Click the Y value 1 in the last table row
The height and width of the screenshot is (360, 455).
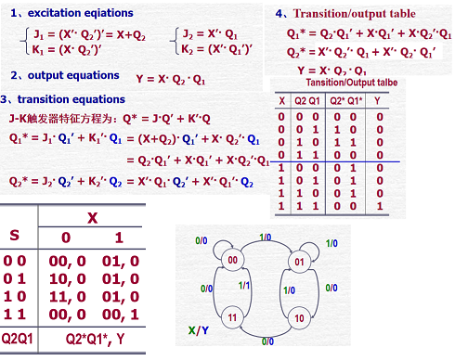[x=379, y=201]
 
